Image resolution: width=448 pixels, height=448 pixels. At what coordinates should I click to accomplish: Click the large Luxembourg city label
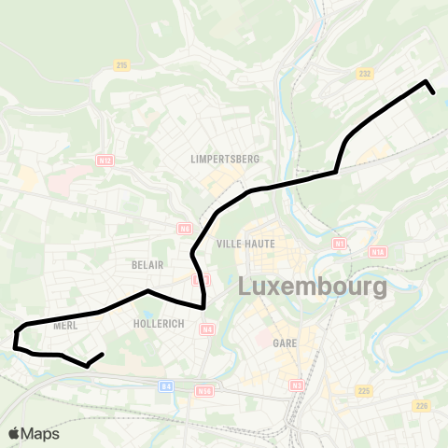click(313, 287)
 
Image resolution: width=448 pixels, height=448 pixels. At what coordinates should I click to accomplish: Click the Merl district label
click(65, 326)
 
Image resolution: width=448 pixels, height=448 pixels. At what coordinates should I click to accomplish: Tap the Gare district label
click(285, 343)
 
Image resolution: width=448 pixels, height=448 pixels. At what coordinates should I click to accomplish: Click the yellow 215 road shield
click(121, 64)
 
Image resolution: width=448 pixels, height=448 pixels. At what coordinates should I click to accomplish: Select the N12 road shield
click(104, 161)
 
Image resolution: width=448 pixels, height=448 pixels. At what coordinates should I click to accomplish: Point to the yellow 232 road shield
click(365, 73)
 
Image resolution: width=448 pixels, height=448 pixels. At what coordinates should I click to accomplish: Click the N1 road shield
click(340, 243)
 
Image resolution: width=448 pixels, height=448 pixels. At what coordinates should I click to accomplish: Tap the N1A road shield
click(378, 252)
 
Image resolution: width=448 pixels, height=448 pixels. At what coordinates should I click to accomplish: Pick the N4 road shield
click(206, 329)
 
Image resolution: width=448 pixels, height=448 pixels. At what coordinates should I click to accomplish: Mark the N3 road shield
click(297, 385)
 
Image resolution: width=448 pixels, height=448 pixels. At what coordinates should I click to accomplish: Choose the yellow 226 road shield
click(422, 405)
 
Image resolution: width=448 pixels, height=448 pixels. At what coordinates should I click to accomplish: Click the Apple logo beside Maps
click(14, 433)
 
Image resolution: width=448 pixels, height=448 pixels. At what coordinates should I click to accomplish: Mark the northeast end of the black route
click(433, 91)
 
